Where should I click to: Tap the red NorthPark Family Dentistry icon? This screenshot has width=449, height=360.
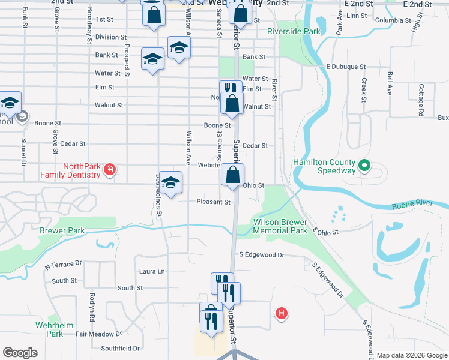tap(109, 170)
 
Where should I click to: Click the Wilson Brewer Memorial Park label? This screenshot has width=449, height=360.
tap(280, 226)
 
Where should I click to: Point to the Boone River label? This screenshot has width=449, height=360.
tap(411, 206)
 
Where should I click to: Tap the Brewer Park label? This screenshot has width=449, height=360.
tap(62, 230)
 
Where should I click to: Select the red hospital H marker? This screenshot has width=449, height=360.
tap(280, 313)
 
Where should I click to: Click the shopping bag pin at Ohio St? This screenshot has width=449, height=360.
tap(232, 175)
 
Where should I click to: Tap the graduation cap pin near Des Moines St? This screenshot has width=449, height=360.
tap(170, 183)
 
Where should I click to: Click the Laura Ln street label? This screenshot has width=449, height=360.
tap(152, 271)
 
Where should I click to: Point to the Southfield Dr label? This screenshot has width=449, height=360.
tap(120, 348)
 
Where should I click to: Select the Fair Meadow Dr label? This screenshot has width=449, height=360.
tap(98, 334)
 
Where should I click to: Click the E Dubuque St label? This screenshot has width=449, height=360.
tap(346, 67)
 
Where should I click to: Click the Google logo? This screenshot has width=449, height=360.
tap(20, 353)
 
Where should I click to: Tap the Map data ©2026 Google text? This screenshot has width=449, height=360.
tap(412, 355)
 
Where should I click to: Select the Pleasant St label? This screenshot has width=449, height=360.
tap(214, 202)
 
